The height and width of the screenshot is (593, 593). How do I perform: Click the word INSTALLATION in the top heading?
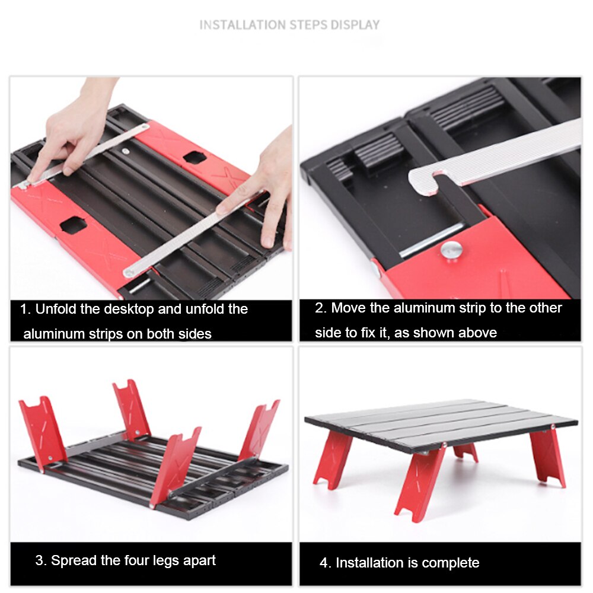[242, 25]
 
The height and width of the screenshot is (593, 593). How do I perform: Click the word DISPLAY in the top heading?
[355, 25]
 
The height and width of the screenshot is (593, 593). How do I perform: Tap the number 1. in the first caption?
[25, 309]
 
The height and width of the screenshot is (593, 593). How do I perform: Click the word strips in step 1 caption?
[104, 334]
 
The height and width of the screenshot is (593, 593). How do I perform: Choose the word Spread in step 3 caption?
[71, 560]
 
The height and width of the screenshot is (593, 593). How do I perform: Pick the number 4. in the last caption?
[326, 563]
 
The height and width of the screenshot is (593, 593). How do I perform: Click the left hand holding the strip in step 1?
[74, 130]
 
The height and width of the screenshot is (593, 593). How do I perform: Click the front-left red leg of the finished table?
[332, 460]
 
